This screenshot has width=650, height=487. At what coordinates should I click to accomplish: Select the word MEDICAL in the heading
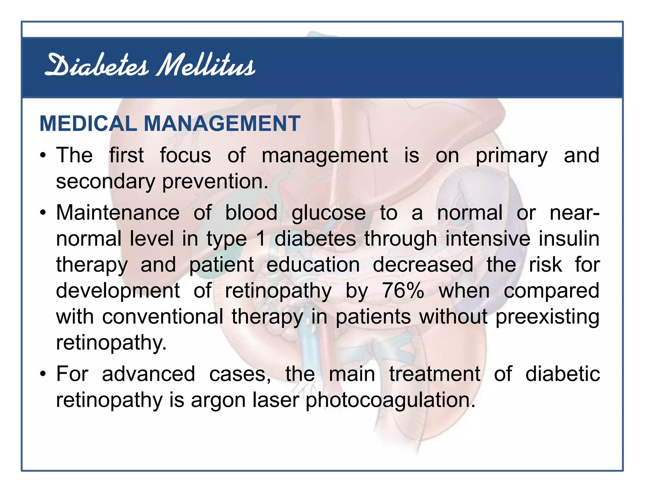tap(88, 123)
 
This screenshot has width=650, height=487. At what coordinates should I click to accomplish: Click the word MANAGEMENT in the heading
tap(222, 123)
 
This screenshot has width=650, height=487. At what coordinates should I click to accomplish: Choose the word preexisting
tap(547, 317)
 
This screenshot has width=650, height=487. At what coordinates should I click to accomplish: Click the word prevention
tap(215, 182)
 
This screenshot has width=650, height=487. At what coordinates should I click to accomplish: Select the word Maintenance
tap(118, 212)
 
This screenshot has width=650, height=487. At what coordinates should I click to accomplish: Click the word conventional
tap(162, 316)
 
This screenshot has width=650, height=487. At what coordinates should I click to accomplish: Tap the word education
tap(313, 264)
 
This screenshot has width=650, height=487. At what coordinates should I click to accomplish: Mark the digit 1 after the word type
tap(261, 238)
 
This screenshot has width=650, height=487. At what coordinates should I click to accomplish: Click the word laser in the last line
tap(275, 400)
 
